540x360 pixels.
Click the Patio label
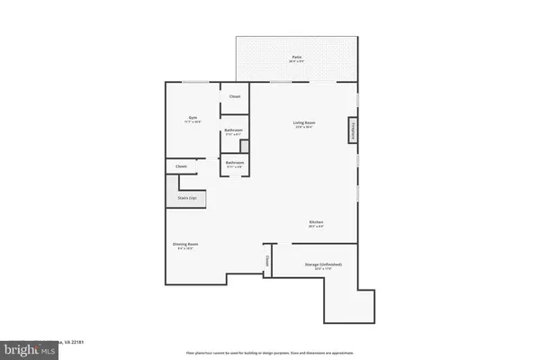tap(296, 57)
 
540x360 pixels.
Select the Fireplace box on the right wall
tap(352, 130)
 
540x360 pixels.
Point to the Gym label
tap(193, 117)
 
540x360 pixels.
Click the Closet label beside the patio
tap(235, 96)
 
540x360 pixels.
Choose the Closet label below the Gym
tap(181, 166)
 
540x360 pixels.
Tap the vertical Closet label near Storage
tap(266, 261)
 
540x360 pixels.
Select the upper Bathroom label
tap(234, 130)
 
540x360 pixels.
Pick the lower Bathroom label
tap(234, 164)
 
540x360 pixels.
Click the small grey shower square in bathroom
tap(244, 146)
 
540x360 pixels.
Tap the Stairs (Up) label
tap(187, 196)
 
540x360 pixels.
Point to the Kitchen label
tap(316, 222)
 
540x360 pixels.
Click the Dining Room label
tap(185, 244)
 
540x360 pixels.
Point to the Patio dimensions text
tap(296, 61)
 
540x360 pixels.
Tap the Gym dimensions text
tap(193, 121)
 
